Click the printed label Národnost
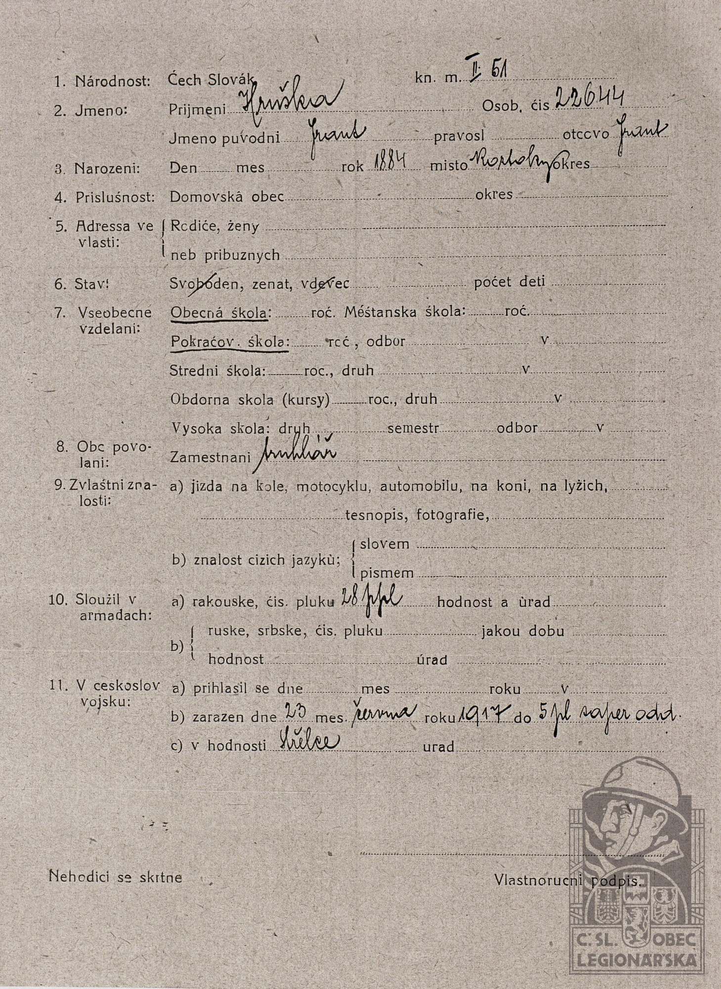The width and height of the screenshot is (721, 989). (112, 81)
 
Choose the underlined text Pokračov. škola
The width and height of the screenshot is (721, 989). (229, 342)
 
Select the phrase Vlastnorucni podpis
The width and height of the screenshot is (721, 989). (567, 879)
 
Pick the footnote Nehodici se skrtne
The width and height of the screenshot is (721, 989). (115, 877)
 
